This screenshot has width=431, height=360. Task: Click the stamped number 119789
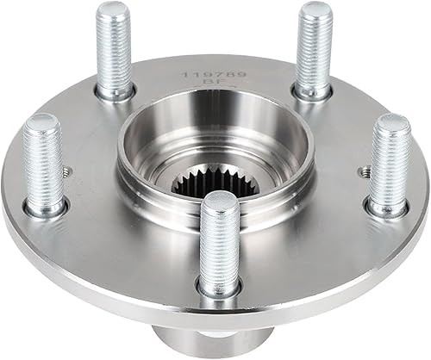click(x=214, y=76)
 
